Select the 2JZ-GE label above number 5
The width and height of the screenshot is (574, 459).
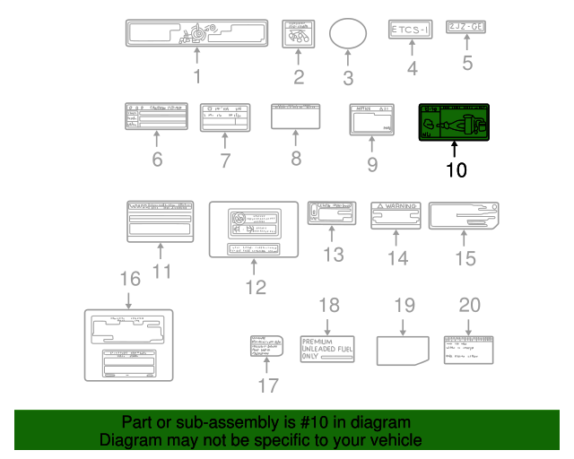466,29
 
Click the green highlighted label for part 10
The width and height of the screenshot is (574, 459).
455,122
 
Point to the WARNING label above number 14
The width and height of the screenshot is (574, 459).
397,215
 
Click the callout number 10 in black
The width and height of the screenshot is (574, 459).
456,169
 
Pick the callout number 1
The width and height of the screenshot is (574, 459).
196,77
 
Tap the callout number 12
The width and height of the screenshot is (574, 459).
256,287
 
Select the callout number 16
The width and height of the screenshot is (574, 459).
130,280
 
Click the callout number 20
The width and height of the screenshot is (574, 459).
470,305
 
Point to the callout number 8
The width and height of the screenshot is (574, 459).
295,159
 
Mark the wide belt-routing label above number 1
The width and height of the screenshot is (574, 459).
196,33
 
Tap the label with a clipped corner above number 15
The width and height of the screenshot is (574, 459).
463,216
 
